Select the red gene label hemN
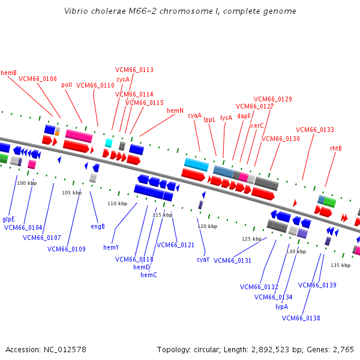click(x=175, y=110)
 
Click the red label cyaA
click(x=194, y=115)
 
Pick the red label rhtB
click(x=336, y=148)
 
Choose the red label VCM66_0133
click(x=314, y=130)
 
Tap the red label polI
click(x=67, y=85)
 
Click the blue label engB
click(x=98, y=226)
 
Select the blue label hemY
click(x=111, y=247)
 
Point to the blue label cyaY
click(x=203, y=259)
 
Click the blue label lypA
click(x=282, y=306)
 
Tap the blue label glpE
click(x=8, y=219)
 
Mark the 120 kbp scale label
click(x=207, y=226)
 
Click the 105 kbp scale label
click(x=71, y=193)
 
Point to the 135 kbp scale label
click(x=340, y=265)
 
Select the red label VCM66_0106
click(x=38, y=79)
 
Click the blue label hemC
click(x=148, y=275)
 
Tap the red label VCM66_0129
click(x=272, y=99)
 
